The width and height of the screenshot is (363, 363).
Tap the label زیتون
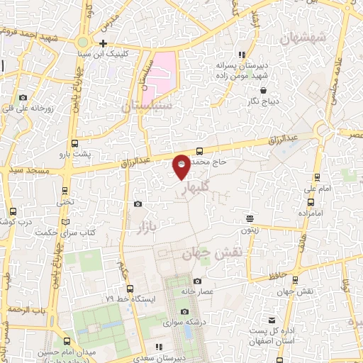(249, 230)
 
